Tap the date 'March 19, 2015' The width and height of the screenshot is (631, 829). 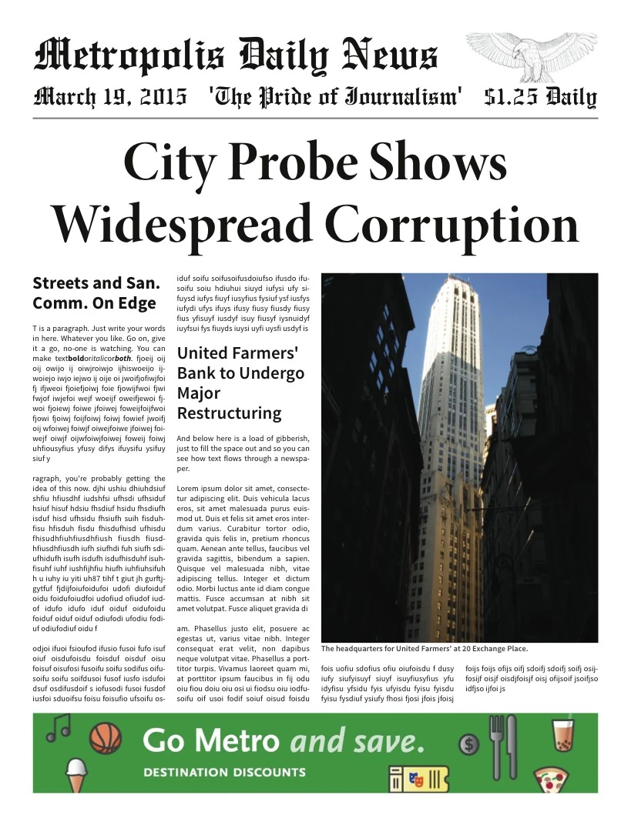(x=110, y=97)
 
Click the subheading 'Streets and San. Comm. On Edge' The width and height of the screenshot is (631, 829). (x=96, y=292)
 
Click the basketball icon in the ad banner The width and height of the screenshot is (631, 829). (x=106, y=738)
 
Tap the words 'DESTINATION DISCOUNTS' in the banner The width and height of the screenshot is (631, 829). (x=224, y=772)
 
